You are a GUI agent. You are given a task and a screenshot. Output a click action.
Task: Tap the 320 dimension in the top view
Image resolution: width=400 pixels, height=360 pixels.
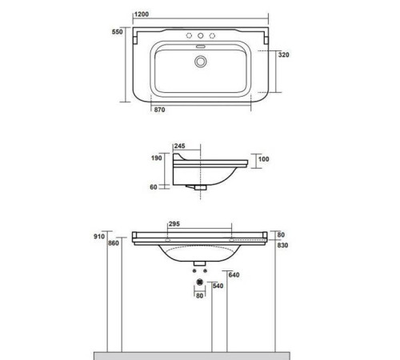pos(282,55)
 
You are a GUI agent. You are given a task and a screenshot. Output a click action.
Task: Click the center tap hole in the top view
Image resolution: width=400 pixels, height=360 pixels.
pos(200,37)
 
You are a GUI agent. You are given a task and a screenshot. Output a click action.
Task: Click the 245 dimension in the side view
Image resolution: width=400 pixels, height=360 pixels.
pos(179,146)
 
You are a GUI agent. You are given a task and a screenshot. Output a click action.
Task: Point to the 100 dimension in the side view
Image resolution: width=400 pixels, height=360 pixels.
pos(264,159)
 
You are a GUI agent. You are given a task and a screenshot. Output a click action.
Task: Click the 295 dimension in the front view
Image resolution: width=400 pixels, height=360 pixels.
pos(174,225)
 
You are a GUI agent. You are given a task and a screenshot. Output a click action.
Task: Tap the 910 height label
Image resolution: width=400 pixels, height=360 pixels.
pos(100,237)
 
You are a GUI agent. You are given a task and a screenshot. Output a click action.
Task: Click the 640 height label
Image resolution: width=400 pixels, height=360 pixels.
pos(234,276)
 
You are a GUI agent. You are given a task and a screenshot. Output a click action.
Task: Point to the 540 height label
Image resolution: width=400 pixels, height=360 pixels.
pos(217,284)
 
